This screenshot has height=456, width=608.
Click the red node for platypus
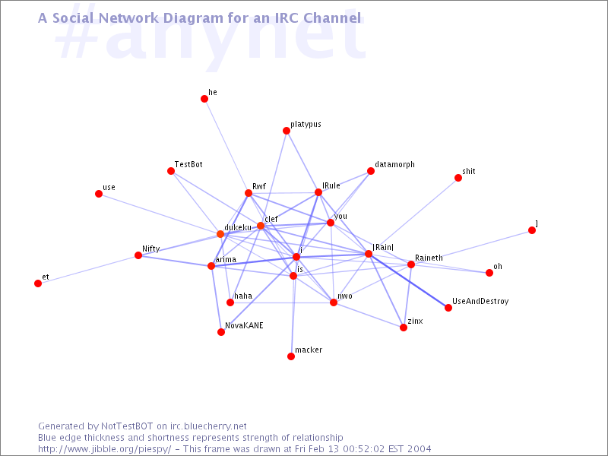tap(287, 131)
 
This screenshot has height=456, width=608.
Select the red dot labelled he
tap(204, 99)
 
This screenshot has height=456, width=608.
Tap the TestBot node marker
tap(171, 171)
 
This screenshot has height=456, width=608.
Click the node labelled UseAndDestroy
tap(448, 308)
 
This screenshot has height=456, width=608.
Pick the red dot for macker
tap(291, 356)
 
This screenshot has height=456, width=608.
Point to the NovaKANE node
tap(221, 332)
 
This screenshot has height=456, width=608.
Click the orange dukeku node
tap(220, 234)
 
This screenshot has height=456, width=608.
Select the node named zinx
tap(404, 328)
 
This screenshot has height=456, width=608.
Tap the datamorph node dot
tap(371, 171)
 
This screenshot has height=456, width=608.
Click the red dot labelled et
tap(38, 283)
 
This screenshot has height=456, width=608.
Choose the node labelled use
tap(99, 194)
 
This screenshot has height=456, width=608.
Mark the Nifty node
tap(138, 255)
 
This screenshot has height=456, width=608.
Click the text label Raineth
tap(429, 258)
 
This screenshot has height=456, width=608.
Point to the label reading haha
tap(243, 296)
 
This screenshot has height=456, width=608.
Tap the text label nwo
tap(345, 296)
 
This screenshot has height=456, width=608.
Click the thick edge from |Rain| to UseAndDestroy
tap(408, 280)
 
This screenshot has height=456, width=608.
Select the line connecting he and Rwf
tap(226, 146)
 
